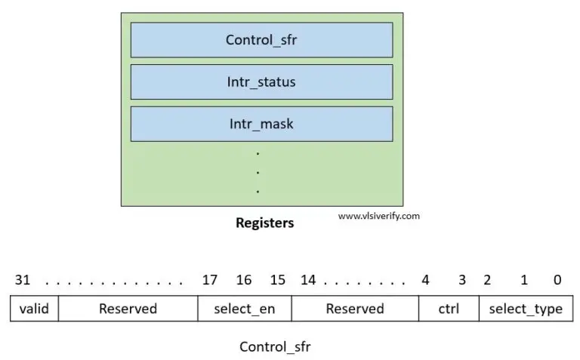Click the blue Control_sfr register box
(261, 40)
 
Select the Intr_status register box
(261, 82)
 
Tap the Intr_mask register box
(261, 124)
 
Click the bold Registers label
(264, 223)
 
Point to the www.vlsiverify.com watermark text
(378, 215)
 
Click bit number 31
(23, 280)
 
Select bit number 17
(209, 280)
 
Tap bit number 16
(244, 280)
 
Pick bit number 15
(277, 280)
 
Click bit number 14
(308, 280)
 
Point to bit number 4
(425, 280)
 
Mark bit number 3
(461, 280)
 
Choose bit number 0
(557, 280)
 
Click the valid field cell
(34, 309)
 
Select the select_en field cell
(245, 309)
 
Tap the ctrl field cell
(449, 309)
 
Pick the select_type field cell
(526, 309)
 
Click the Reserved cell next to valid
(128, 309)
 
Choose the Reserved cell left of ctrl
(355, 309)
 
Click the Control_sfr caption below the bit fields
(275, 347)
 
